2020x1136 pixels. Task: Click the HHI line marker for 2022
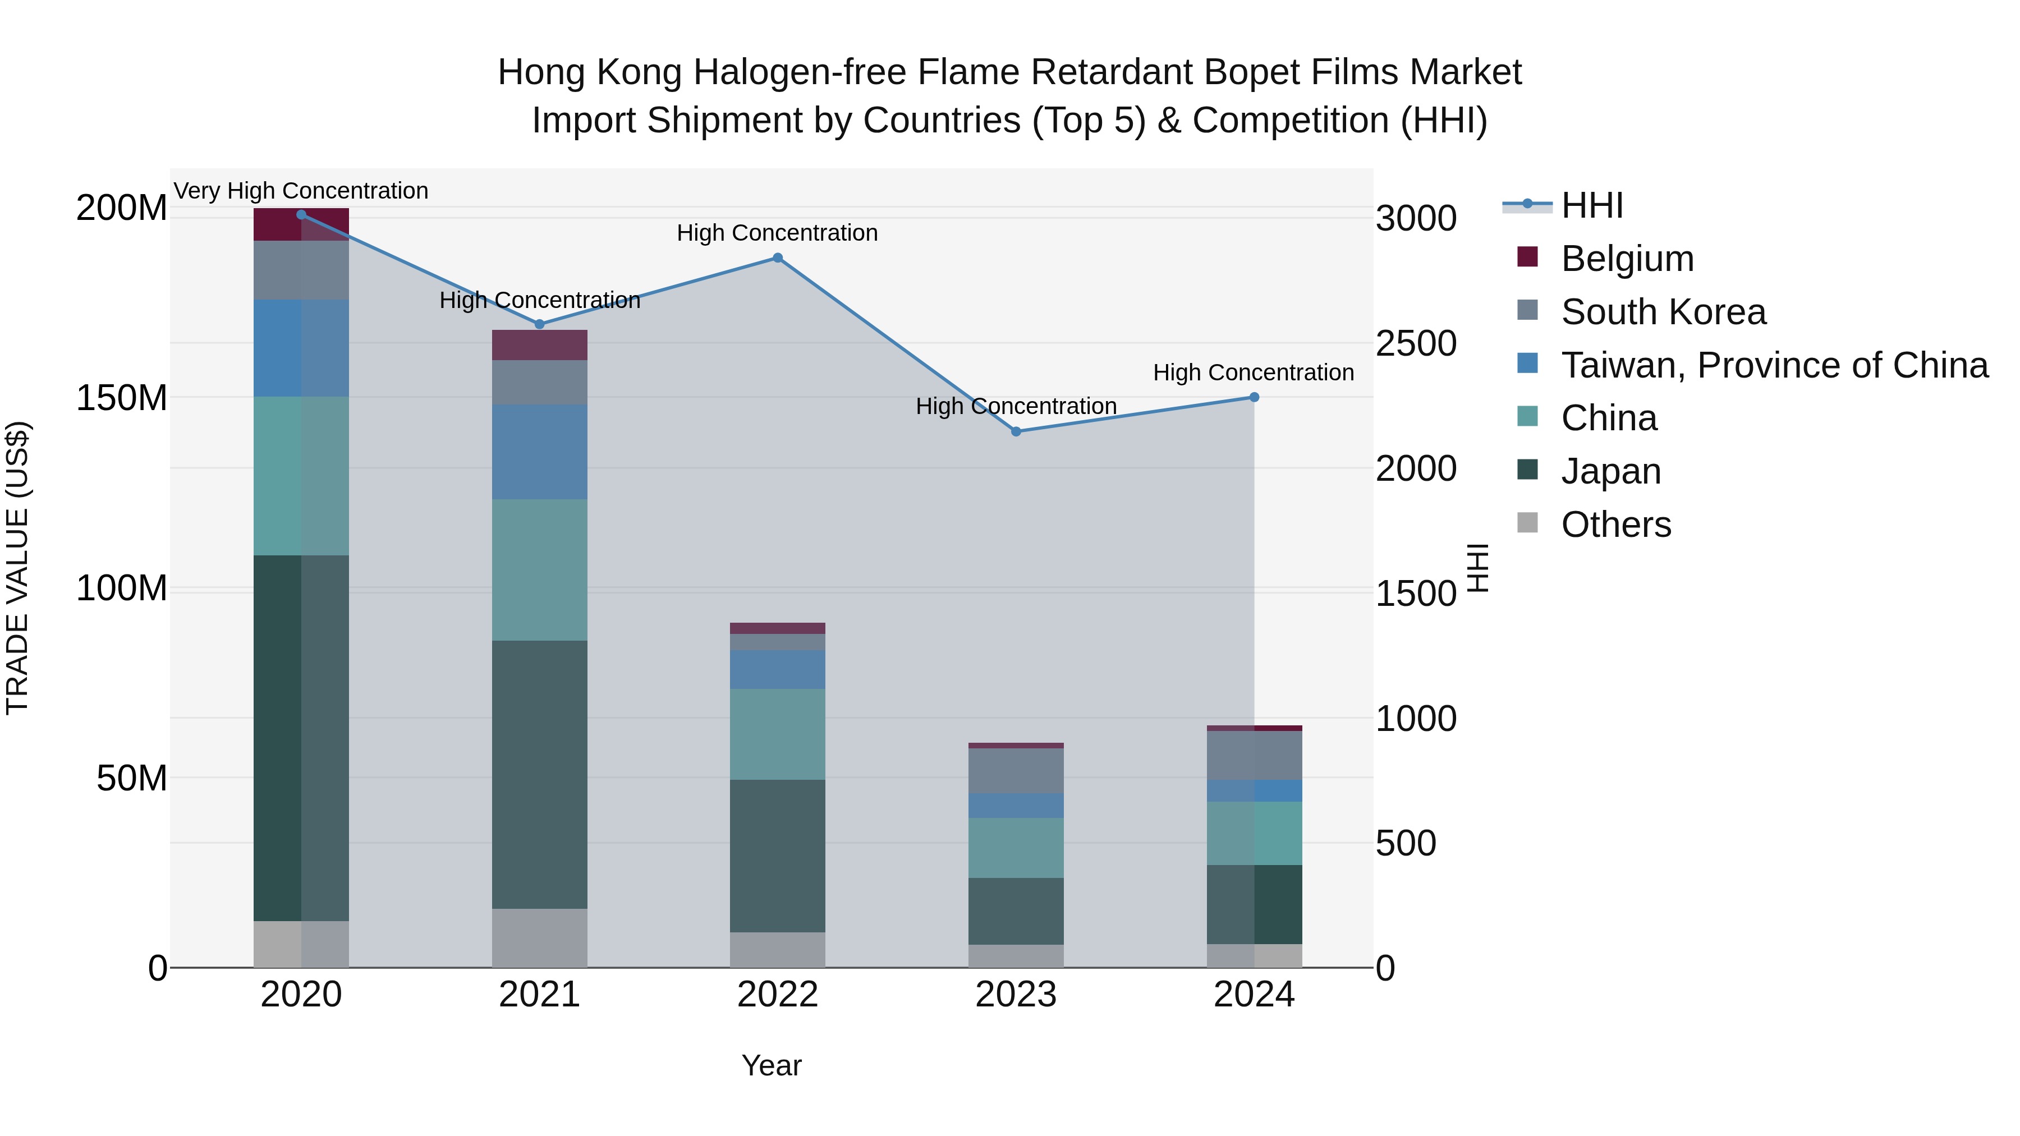click(777, 258)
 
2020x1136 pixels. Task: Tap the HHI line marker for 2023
click(1016, 431)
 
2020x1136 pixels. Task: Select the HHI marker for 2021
click(539, 324)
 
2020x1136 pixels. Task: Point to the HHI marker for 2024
click(1254, 398)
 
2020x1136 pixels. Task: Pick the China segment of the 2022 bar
click(777, 734)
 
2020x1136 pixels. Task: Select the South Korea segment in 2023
click(1016, 771)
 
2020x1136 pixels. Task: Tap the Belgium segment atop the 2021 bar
click(539, 345)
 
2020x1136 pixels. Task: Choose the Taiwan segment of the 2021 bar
click(539, 452)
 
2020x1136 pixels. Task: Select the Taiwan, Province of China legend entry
click(1774, 365)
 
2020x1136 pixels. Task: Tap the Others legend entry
click(1615, 525)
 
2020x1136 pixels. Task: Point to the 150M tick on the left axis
click(122, 398)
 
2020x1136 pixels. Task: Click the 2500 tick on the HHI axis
click(1416, 343)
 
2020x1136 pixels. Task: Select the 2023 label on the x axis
click(1016, 995)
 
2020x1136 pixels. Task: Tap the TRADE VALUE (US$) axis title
click(17, 568)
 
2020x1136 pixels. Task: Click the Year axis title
click(771, 1065)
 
